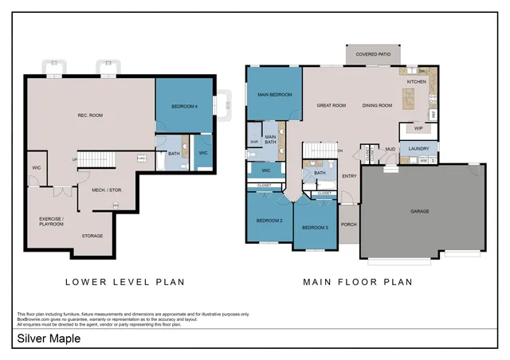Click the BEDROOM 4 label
point(184,106)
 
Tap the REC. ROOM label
point(90,115)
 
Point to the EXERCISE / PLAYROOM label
point(52,221)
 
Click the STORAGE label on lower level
point(92,236)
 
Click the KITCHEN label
point(417,81)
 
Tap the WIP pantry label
point(418,127)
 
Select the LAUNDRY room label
point(418,148)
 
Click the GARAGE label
point(420,211)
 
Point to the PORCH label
point(349,224)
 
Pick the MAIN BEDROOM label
point(273,95)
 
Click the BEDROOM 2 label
point(269,220)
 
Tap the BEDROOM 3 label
point(315,228)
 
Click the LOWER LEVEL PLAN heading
point(124,281)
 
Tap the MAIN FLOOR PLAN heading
point(357,281)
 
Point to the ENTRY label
point(349,176)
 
